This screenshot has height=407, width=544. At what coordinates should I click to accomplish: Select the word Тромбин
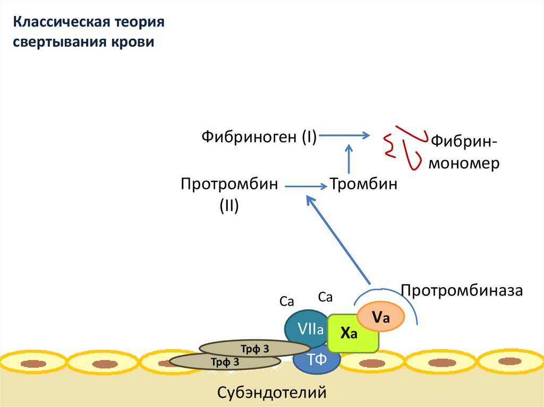pos(364,185)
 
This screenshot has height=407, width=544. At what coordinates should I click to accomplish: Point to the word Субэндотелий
pos(271,393)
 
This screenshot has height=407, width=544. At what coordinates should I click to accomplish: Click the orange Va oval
pos(381,317)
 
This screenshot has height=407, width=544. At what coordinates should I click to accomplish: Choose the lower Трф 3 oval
pos(223,362)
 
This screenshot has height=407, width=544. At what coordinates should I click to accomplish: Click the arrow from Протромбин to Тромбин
pos(306,186)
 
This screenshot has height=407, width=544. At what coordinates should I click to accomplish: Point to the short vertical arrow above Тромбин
pos(349,158)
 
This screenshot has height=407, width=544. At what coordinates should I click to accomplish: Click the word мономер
pos(464,163)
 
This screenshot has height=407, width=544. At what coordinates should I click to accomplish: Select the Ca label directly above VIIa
pos(287,302)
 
